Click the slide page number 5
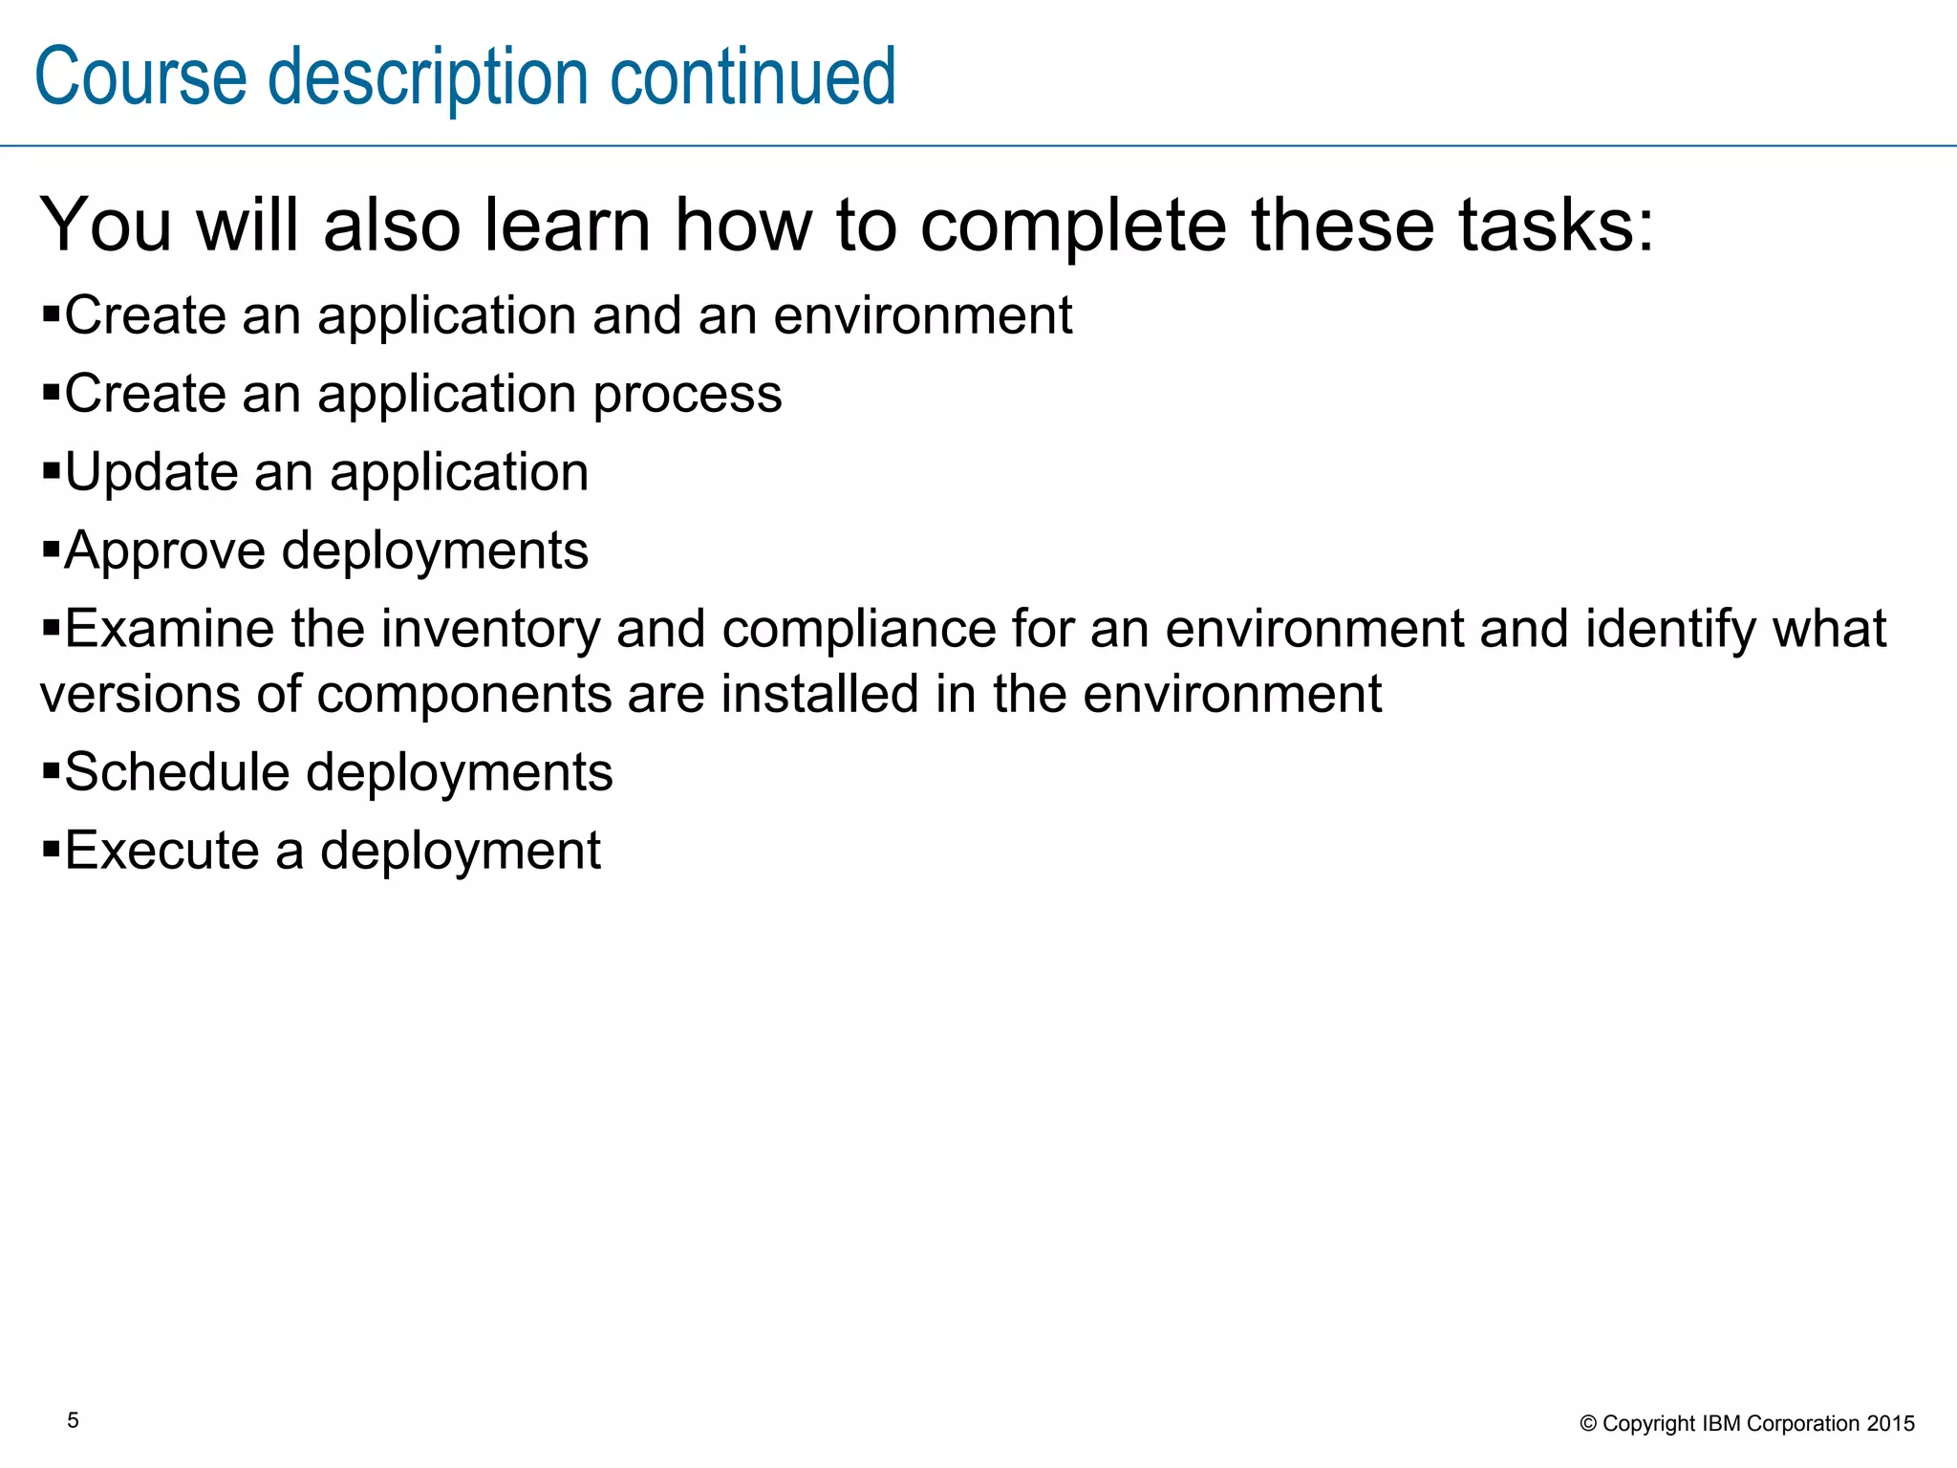click(73, 1420)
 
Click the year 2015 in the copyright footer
click(1891, 1424)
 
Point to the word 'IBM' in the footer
click(1722, 1424)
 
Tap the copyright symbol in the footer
click(1588, 1424)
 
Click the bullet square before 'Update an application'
click(51, 469)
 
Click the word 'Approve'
click(164, 551)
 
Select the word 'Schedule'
click(177, 772)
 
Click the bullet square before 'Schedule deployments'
click(51, 769)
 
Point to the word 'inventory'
click(491, 629)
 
